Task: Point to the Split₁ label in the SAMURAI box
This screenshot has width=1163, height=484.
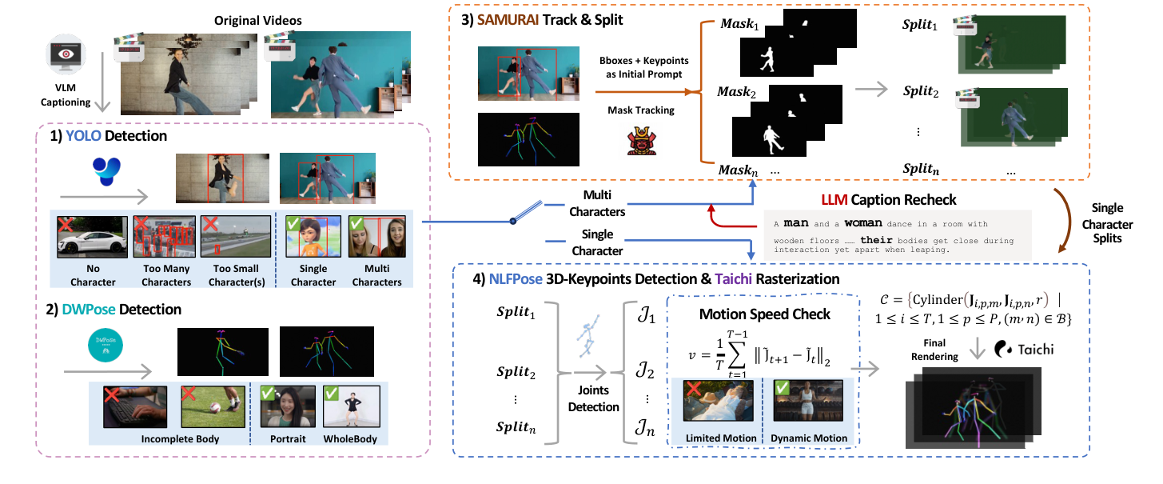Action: [x=919, y=28]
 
